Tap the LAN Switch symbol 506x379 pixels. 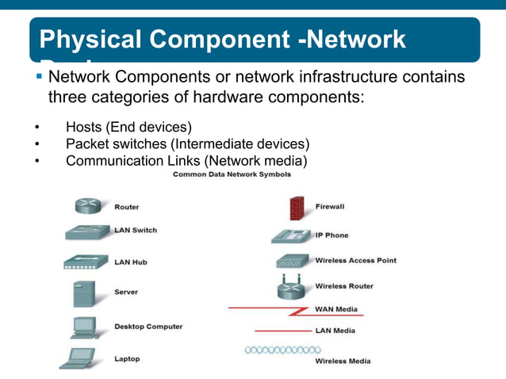pyautogui.click(x=87, y=232)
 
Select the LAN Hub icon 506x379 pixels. pyautogui.click(x=85, y=262)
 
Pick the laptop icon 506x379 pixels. pyautogui.click(x=81, y=358)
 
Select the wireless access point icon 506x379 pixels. pyautogui.click(x=293, y=261)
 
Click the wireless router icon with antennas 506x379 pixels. pyautogui.click(x=293, y=288)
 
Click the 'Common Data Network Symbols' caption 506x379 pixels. pyautogui.click(x=237, y=174)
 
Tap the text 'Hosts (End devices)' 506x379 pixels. pyautogui.click(x=128, y=127)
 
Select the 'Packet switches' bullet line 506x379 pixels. pyautogui.click(x=187, y=144)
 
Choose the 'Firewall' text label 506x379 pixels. pyautogui.click(x=330, y=206)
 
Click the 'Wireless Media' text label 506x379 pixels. pyautogui.click(x=343, y=362)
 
